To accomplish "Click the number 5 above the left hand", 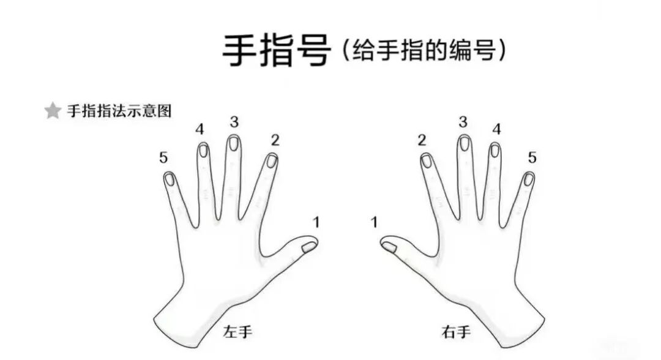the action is click(163, 158).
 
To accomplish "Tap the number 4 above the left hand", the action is click(200, 129).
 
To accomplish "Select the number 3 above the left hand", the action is click(234, 122).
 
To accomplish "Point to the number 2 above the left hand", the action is click(275, 140).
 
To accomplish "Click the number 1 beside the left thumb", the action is click(316, 222).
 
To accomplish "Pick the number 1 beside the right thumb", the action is click(374, 222).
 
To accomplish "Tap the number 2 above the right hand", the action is click(422, 140).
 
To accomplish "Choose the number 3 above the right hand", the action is click(463, 122).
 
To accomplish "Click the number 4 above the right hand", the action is click(497, 129).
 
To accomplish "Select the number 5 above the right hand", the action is click(532, 158).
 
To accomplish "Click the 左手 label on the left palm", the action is click(237, 332).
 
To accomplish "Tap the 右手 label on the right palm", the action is click(456, 332).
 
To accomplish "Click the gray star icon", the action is click(53, 111).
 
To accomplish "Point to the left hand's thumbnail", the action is click(309, 247).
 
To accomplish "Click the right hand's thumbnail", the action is click(389, 247).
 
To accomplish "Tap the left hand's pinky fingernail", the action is click(170, 179).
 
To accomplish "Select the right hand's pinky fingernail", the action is click(528, 179).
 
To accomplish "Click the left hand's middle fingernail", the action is click(233, 143).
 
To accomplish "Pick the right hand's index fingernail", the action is click(427, 161).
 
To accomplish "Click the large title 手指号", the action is click(277, 51).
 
